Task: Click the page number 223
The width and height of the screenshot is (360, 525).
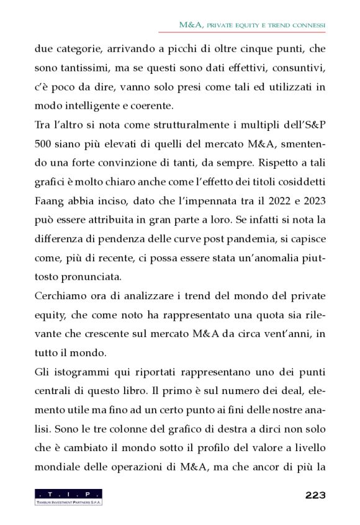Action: point(315,495)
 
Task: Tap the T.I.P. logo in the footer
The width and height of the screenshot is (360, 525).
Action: point(68,496)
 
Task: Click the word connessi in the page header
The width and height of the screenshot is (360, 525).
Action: point(307,25)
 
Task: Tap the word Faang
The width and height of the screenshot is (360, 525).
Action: point(50,202)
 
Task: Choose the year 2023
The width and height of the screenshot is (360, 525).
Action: point(310,202)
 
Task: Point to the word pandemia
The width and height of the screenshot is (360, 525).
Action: point(244,240)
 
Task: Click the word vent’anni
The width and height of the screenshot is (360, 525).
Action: point(287,334)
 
